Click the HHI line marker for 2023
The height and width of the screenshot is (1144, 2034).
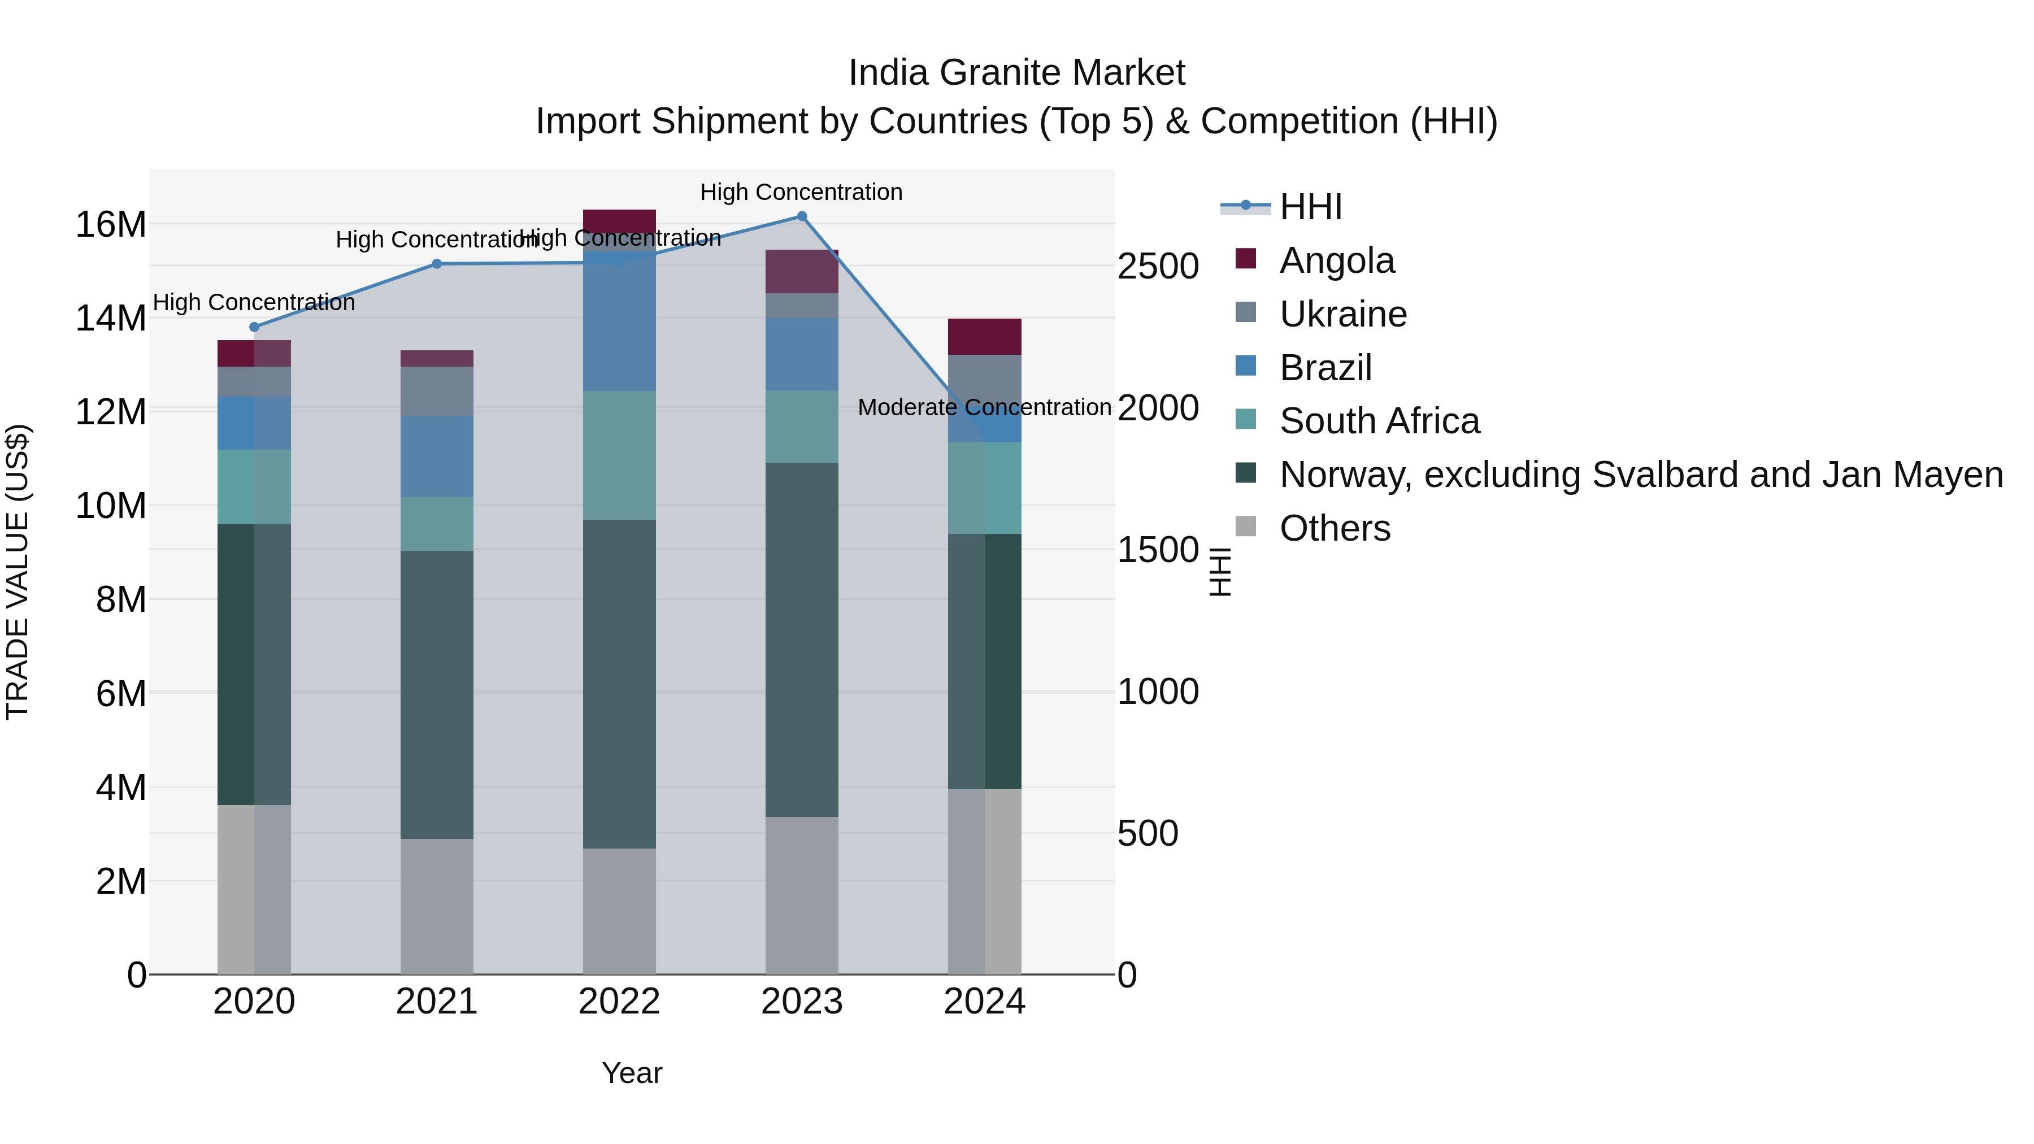click(801, 216)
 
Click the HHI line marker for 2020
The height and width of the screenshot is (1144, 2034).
click(254, 327)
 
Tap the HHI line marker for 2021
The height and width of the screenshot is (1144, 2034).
click(437, 264)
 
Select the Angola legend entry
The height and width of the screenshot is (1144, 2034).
click(1337, 260)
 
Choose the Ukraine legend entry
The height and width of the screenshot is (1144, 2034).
click(1342, 314)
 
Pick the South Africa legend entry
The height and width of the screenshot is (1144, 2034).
click(1379, 421)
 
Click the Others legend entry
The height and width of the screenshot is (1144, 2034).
click(1335, 528)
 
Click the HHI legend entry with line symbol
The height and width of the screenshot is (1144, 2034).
click(1311, 207)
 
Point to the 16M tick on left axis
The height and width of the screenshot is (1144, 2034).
click(111, 225)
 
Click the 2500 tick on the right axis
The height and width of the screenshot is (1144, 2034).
click(1158, 267)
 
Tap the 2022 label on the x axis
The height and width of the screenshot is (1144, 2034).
click(619, 1002)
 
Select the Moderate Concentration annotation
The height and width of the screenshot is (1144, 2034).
click(984, 407)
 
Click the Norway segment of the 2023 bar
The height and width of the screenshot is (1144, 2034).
click(801, 640)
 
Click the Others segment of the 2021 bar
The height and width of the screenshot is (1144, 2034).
click(437, 906)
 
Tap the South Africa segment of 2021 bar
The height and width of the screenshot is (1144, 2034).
click(437, 524)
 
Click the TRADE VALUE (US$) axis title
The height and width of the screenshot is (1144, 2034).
click(18, 572)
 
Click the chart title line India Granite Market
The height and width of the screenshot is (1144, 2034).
click(1016, 73)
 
